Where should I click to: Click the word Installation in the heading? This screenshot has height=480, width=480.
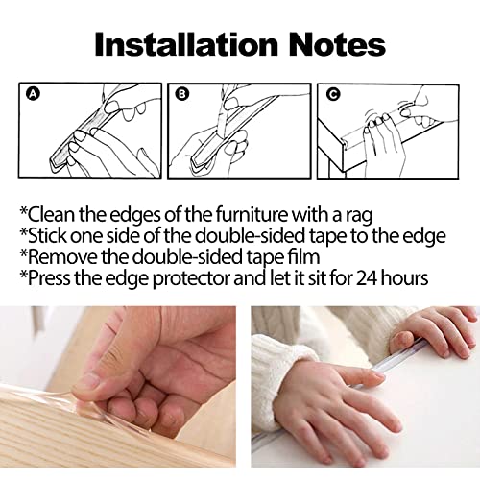186,45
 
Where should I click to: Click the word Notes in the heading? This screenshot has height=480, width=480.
337,45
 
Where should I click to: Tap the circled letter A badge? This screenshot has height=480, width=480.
33,94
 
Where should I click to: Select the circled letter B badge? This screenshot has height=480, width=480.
182,94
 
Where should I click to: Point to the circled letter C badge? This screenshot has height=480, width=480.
333,94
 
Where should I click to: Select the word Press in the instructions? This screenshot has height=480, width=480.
49,278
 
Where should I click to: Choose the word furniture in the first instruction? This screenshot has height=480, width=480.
252,214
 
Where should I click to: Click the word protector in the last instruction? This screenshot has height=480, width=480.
191,279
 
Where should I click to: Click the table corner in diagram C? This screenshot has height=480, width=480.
344,141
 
